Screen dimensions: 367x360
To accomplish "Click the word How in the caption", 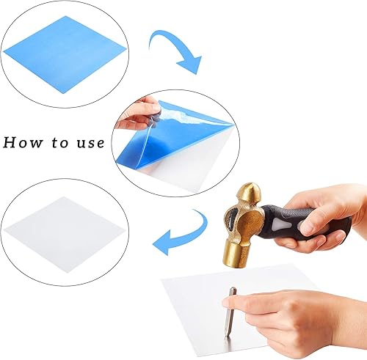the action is click(x=23, y=142).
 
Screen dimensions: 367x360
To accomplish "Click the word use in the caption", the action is click(x=90, y=143).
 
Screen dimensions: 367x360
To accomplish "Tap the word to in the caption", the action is click(x=60, y=142).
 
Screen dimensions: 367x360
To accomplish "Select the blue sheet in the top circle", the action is click(x=64, y=54).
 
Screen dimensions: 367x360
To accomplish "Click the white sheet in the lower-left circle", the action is click(x=64, y=233).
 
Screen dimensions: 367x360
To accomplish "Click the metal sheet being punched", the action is click(x=208, y=306).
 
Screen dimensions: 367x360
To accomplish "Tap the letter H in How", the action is click(x=9, y=142).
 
